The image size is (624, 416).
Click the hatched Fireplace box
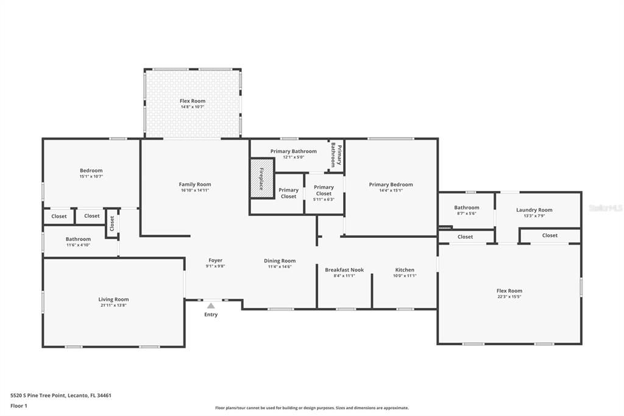tap(261, 178)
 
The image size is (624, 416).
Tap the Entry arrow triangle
tap(210, 306)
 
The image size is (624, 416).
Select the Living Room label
tap(113, 299)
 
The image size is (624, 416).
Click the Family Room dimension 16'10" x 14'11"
tap(195, 190)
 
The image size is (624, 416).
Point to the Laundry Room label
tap(534, 210)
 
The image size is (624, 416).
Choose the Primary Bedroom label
tap(391, 184)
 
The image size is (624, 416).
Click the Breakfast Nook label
tap(344, 270)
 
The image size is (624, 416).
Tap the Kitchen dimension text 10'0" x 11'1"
tap(405, 276)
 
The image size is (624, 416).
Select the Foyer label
tap(215, 260)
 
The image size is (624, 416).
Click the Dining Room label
tap(280, 260)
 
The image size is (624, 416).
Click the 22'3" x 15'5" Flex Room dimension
tap(509, 297)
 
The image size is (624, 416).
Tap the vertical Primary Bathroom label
tap(336, 155)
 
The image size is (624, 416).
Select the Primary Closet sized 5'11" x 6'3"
tap(324, 191)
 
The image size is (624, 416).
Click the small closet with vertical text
tap(112, 224)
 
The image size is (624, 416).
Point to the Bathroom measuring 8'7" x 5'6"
tap(466, 210)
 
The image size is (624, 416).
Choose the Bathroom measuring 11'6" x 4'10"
tap(78, 242)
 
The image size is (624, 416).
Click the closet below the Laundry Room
tap(549, 235)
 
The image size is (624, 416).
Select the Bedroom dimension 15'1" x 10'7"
tap(91, 176)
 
